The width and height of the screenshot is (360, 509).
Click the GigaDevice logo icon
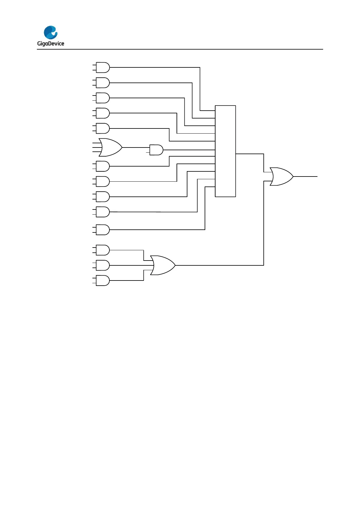pos(50,32)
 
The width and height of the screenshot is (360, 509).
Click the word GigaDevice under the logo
pos(50,44)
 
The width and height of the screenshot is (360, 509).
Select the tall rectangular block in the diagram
pos(225,151)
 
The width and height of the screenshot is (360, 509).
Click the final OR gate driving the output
pos(281,177)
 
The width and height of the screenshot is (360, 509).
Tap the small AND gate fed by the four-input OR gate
pos(156,150)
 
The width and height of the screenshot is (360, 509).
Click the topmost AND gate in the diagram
pos(103,68)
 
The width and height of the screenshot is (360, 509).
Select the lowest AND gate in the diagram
pos(103,280)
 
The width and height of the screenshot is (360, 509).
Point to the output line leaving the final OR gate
pos(305,177)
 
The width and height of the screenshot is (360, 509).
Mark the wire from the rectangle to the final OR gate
pos(250,154)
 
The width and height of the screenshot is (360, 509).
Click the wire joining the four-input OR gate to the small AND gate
pos(136,148)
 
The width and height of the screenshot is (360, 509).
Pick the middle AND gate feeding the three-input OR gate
pos(103,265)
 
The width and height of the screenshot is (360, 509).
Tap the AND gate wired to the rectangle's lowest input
pos(103,230)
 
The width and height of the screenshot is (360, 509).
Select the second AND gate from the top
pos(103,83)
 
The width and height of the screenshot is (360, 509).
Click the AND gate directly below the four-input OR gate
pos(103,166)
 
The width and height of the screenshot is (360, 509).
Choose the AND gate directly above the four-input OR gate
pos(103,128)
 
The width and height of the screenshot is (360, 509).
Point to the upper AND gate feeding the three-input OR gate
pos(103,250)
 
